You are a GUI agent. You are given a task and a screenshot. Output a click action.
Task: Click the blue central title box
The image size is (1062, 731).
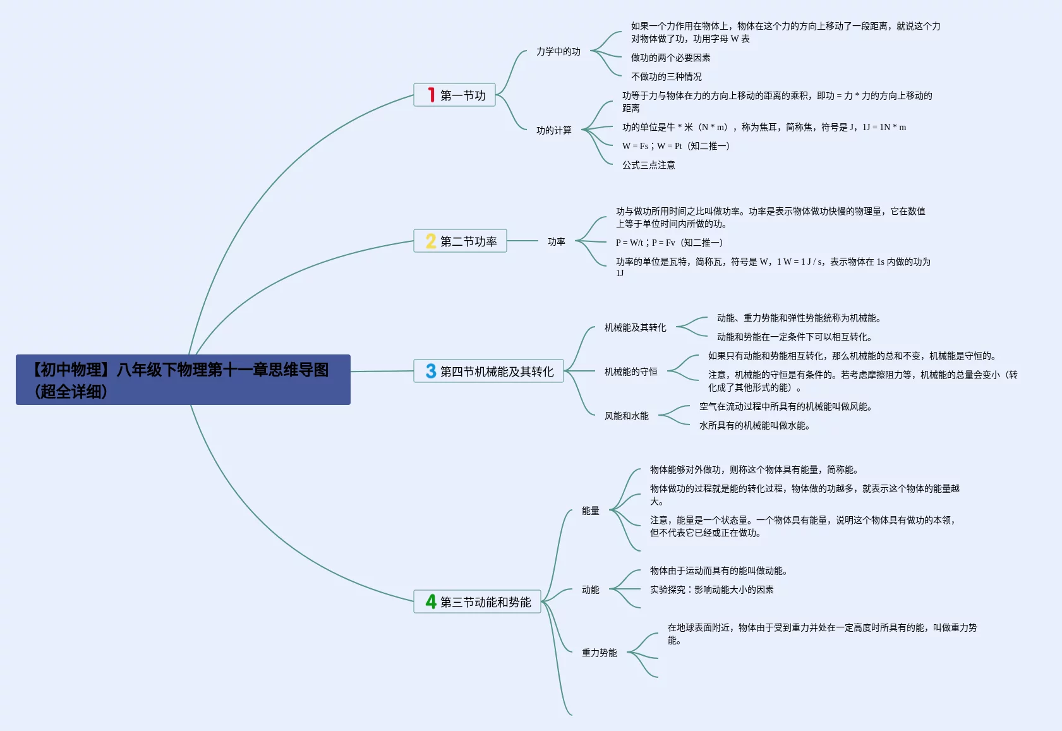click(x=183, y=380)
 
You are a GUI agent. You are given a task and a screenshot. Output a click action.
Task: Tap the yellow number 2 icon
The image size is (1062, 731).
click(x=431, y=241)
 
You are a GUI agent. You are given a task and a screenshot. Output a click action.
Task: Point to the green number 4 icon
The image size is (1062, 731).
click(x=431, y=601)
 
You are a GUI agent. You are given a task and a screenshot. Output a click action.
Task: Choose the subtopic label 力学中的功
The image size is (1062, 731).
click(x=558, y=51)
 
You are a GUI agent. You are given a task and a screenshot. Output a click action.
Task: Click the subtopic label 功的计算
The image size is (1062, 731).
click(x=553, y=130)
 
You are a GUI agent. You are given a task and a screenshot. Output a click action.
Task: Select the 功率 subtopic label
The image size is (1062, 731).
click(x=556, y=241)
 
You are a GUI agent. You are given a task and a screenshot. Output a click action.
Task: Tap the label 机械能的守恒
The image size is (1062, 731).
click(x=631, y=372)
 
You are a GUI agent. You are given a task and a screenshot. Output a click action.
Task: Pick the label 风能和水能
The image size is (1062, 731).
click(x=626, y=416)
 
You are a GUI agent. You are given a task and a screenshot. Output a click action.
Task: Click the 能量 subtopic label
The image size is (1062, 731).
click(x=590, y=510)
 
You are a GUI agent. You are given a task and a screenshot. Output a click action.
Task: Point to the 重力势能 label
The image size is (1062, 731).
click(x=599, y=653)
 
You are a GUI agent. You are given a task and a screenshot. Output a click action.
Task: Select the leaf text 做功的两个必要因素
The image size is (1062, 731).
click(x=670, y=57)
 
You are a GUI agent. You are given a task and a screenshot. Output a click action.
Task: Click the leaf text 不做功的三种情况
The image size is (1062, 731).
click(x=666, y=76)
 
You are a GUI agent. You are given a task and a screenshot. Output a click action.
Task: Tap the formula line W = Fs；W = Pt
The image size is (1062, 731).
click(x=675, y=146)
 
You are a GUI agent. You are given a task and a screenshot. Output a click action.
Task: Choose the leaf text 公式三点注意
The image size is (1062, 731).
click(x=648, y=165)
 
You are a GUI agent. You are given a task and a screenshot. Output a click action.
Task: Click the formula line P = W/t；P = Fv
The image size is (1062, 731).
click(x=669, y=243)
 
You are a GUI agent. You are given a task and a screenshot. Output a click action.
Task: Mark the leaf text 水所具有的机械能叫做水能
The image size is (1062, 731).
click(x=754, y=425)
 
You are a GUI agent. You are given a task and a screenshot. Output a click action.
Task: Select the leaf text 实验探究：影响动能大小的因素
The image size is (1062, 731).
click(x=711, y=589)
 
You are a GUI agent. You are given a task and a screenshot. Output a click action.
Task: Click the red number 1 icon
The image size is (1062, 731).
click(x=431, y=95)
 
